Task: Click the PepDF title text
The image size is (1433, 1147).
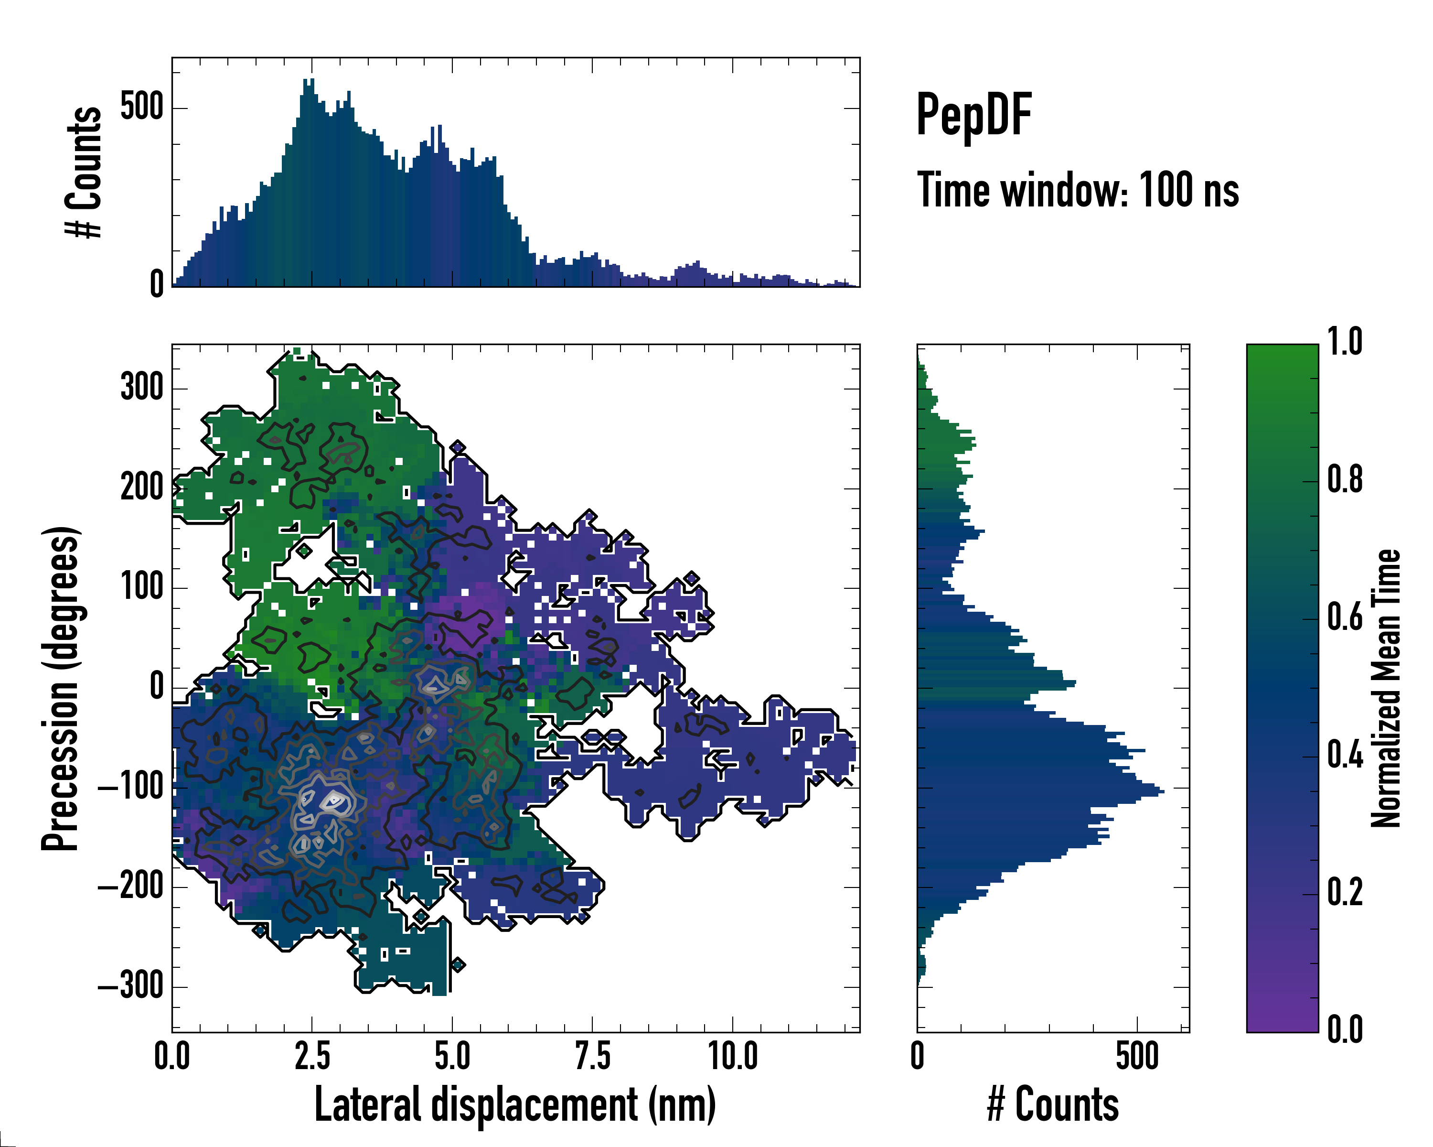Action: point(973,116)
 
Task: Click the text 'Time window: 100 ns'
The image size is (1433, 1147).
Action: point(1078,190)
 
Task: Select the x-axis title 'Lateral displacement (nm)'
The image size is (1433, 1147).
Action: point(515,1104)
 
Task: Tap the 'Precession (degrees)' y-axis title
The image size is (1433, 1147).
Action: point(61,688)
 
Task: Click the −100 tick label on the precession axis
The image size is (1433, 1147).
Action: point(131,787)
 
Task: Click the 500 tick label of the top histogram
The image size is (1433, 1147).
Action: point(141,107)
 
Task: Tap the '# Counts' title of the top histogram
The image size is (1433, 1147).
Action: point(85,172)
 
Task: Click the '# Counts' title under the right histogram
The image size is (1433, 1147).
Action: point(1053,1104)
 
